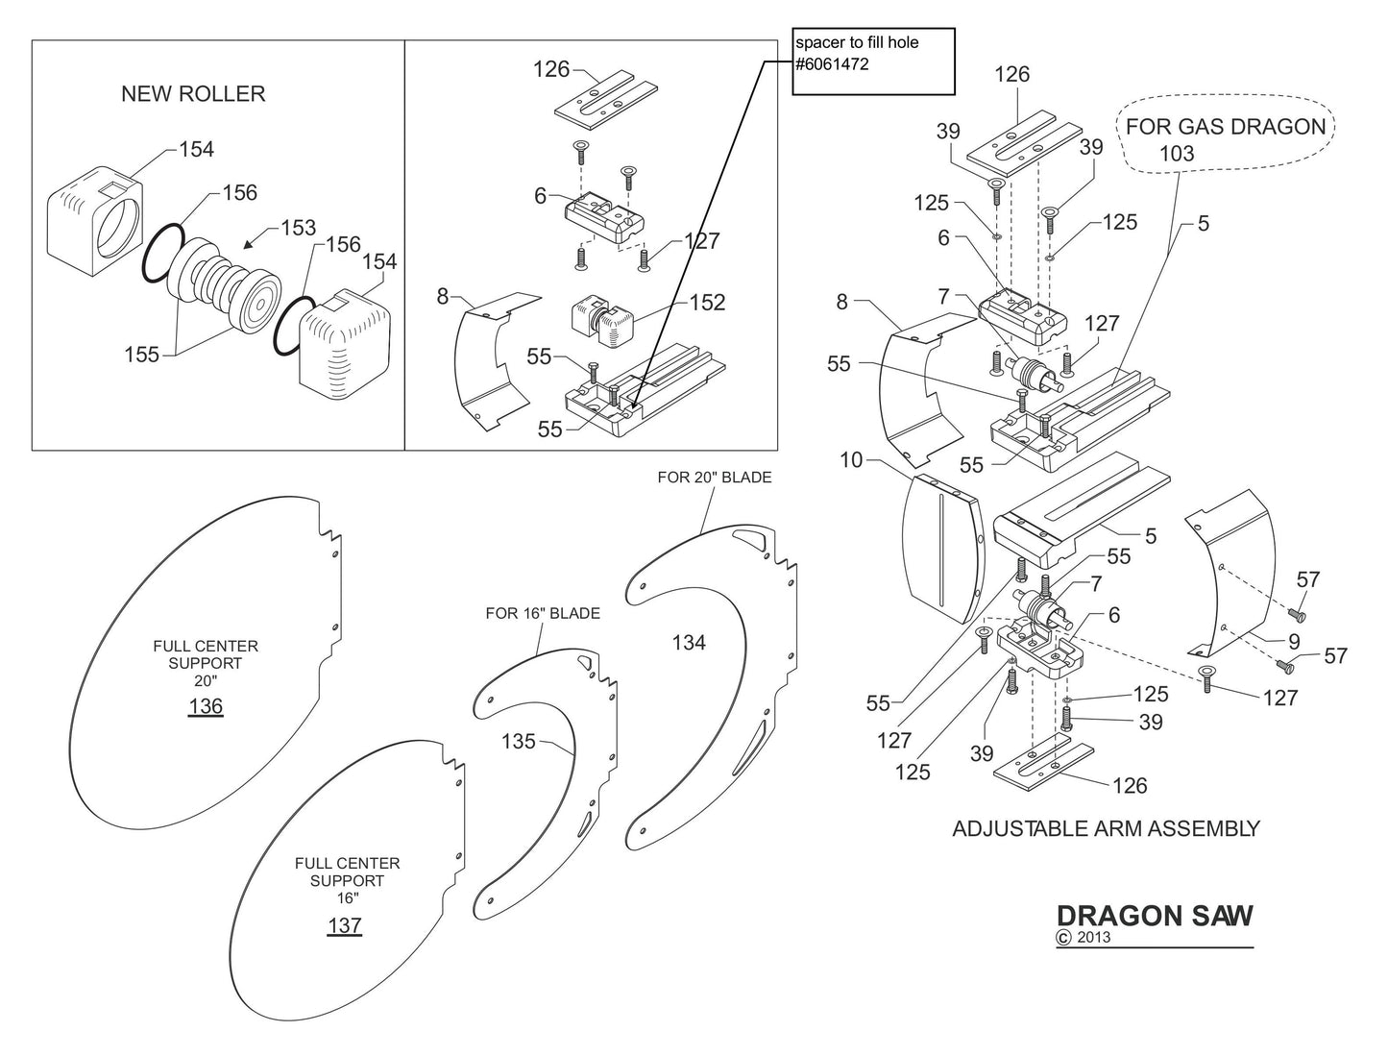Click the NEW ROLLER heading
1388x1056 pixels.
coord(193,93)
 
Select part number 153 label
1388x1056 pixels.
coord(298,228)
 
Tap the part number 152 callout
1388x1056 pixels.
coord(707,302)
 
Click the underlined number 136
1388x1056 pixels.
coord(206,706)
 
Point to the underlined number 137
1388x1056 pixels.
coord(344,925)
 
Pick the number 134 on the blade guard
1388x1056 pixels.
coord(689,642)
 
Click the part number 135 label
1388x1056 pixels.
coord(519,741)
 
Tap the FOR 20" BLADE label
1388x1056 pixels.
coord(714,478)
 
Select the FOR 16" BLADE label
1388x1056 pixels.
coord(543,613)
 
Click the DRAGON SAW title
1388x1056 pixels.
coord(1155,916)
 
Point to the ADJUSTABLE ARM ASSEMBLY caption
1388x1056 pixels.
coord(1106,828)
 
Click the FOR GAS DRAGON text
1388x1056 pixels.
coord(1225,126)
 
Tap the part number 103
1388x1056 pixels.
coord(1177,154)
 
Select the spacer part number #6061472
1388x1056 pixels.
coord(832,64)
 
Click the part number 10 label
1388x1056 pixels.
coord(851,460)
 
